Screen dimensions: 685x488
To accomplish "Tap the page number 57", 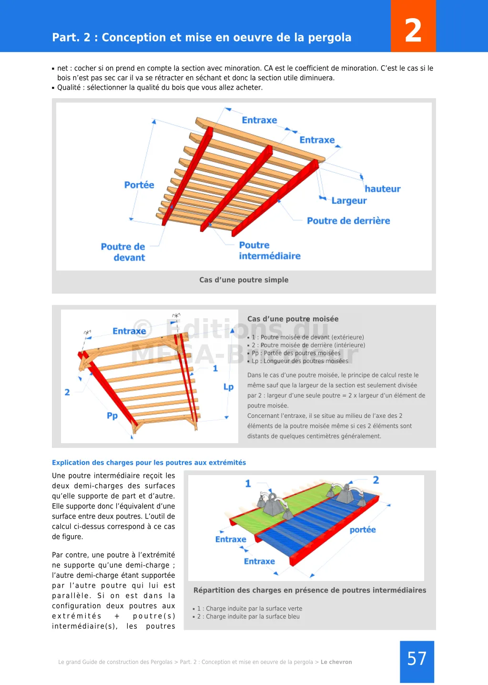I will (417, 659).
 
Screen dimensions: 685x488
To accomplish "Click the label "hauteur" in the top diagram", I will (382, 189).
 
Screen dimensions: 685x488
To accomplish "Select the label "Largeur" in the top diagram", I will (349, 201).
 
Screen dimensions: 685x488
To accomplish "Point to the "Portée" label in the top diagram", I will (139, 185).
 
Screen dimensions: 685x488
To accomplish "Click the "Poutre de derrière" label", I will (348, 221).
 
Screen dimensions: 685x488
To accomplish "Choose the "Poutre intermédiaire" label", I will (269, 250).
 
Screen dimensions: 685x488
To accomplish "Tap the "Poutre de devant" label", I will (123, 252).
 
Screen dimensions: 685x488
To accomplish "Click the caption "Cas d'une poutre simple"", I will (244, 280).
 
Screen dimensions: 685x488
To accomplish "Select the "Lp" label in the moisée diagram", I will (228, 387).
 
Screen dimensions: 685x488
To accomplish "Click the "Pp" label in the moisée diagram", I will (112, 416).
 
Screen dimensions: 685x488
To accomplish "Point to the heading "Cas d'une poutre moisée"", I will (293, 319).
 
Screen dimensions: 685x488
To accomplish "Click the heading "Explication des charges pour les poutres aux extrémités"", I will (149, 463).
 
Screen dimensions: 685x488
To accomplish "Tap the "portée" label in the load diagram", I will (363, 530).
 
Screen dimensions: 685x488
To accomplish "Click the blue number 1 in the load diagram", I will (248, 484).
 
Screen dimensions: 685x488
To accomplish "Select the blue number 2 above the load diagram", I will (376, 480).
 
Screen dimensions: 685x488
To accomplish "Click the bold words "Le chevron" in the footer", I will (336, 662).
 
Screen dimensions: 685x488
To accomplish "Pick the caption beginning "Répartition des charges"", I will (310, 591).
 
